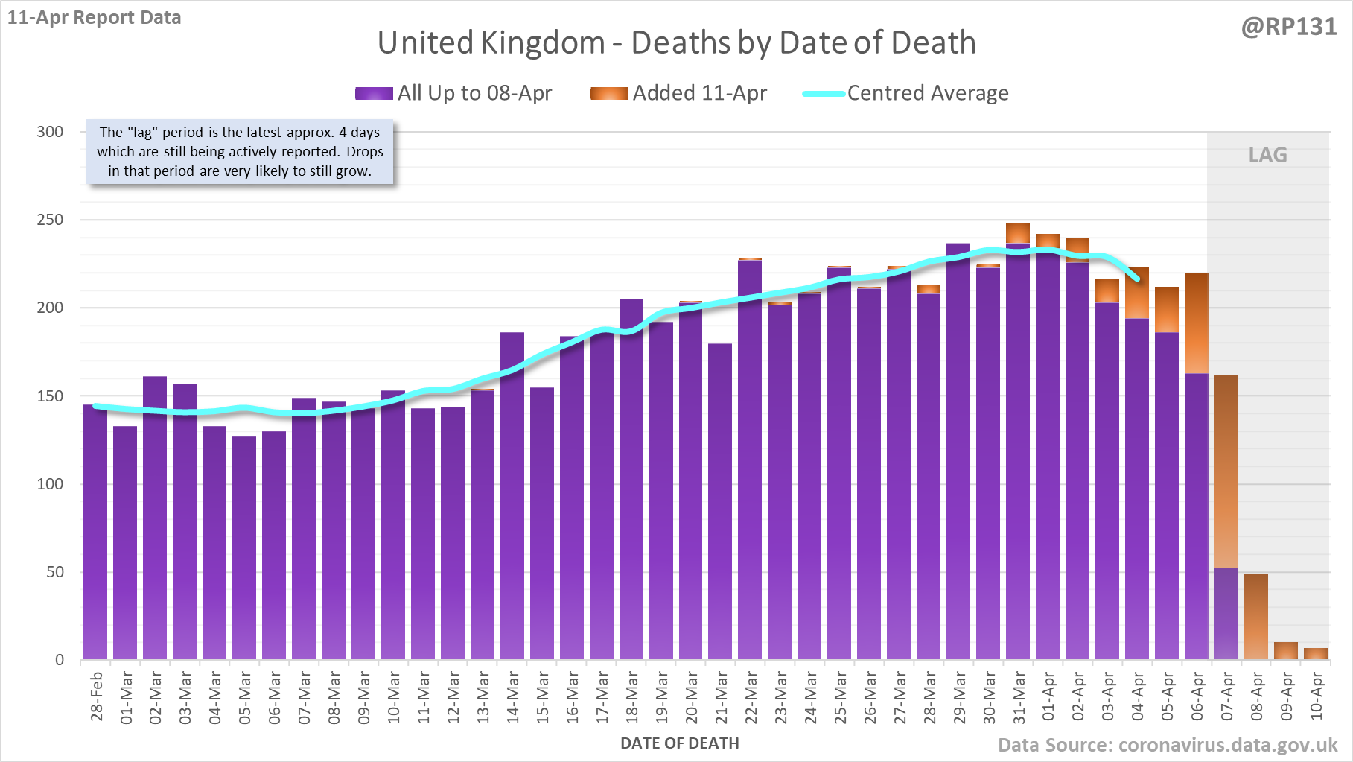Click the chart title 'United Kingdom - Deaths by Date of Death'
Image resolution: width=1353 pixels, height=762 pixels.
coord(676,42)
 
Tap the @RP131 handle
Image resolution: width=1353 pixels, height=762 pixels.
coord(1288,27)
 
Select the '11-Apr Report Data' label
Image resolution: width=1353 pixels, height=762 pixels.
coord(95,18)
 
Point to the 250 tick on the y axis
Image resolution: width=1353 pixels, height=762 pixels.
coord(51,220)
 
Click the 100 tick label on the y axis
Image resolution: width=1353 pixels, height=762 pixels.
coord(51,484)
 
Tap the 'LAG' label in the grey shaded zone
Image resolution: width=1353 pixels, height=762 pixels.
coord(1267,155)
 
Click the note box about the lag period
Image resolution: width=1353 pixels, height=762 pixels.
coord(240,152)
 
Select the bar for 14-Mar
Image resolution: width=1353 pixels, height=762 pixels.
coord(512,495)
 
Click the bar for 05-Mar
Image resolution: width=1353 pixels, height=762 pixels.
coord(244,547)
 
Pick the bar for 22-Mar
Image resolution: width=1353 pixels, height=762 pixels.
coord(750,458)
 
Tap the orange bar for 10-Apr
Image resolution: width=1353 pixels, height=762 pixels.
coord(1316,653)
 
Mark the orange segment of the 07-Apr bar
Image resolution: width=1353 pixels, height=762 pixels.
coord(1226,472)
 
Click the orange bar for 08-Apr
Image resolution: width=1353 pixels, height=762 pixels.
coord(1256,616)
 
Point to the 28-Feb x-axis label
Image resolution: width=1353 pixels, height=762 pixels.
coord(97,696)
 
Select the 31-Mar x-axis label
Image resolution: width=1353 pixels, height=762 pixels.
coord(1019,697)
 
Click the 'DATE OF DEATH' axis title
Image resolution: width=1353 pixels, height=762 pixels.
coord(679,743)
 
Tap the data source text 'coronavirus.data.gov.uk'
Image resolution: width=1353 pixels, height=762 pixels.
coord(1228,745)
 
